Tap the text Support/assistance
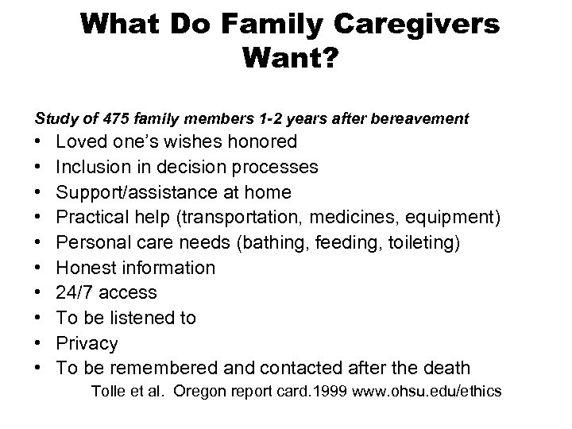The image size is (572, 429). pos(145,192)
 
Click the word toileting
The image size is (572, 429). pos(419,242)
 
